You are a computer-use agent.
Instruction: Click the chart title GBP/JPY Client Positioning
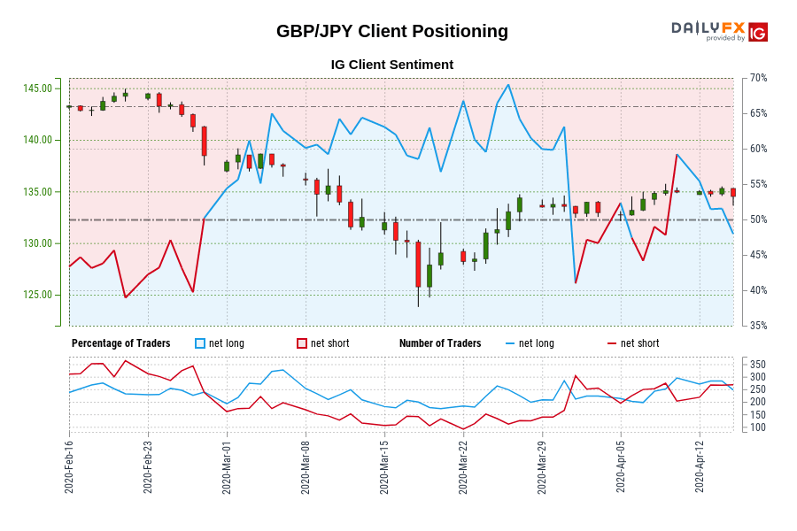click(x=392, y=31)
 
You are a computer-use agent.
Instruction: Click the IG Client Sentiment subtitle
click(x=392, y=65)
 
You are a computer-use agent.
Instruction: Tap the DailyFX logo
click(x=718, y=32)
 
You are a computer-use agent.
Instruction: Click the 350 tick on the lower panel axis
click(x=757, y=365)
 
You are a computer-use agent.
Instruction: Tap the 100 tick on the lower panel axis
click(x=757, y=427)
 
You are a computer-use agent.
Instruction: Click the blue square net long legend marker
click(x=200, y=343)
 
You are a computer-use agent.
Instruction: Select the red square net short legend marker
click(x=302, y=343)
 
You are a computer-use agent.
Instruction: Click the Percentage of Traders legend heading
click(x=121, y=343)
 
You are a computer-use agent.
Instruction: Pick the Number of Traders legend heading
click(x=440, y=343)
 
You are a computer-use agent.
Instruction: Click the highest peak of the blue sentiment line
click(x=508, y=85)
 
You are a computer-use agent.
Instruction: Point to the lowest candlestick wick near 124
click(x=418, y=305)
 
